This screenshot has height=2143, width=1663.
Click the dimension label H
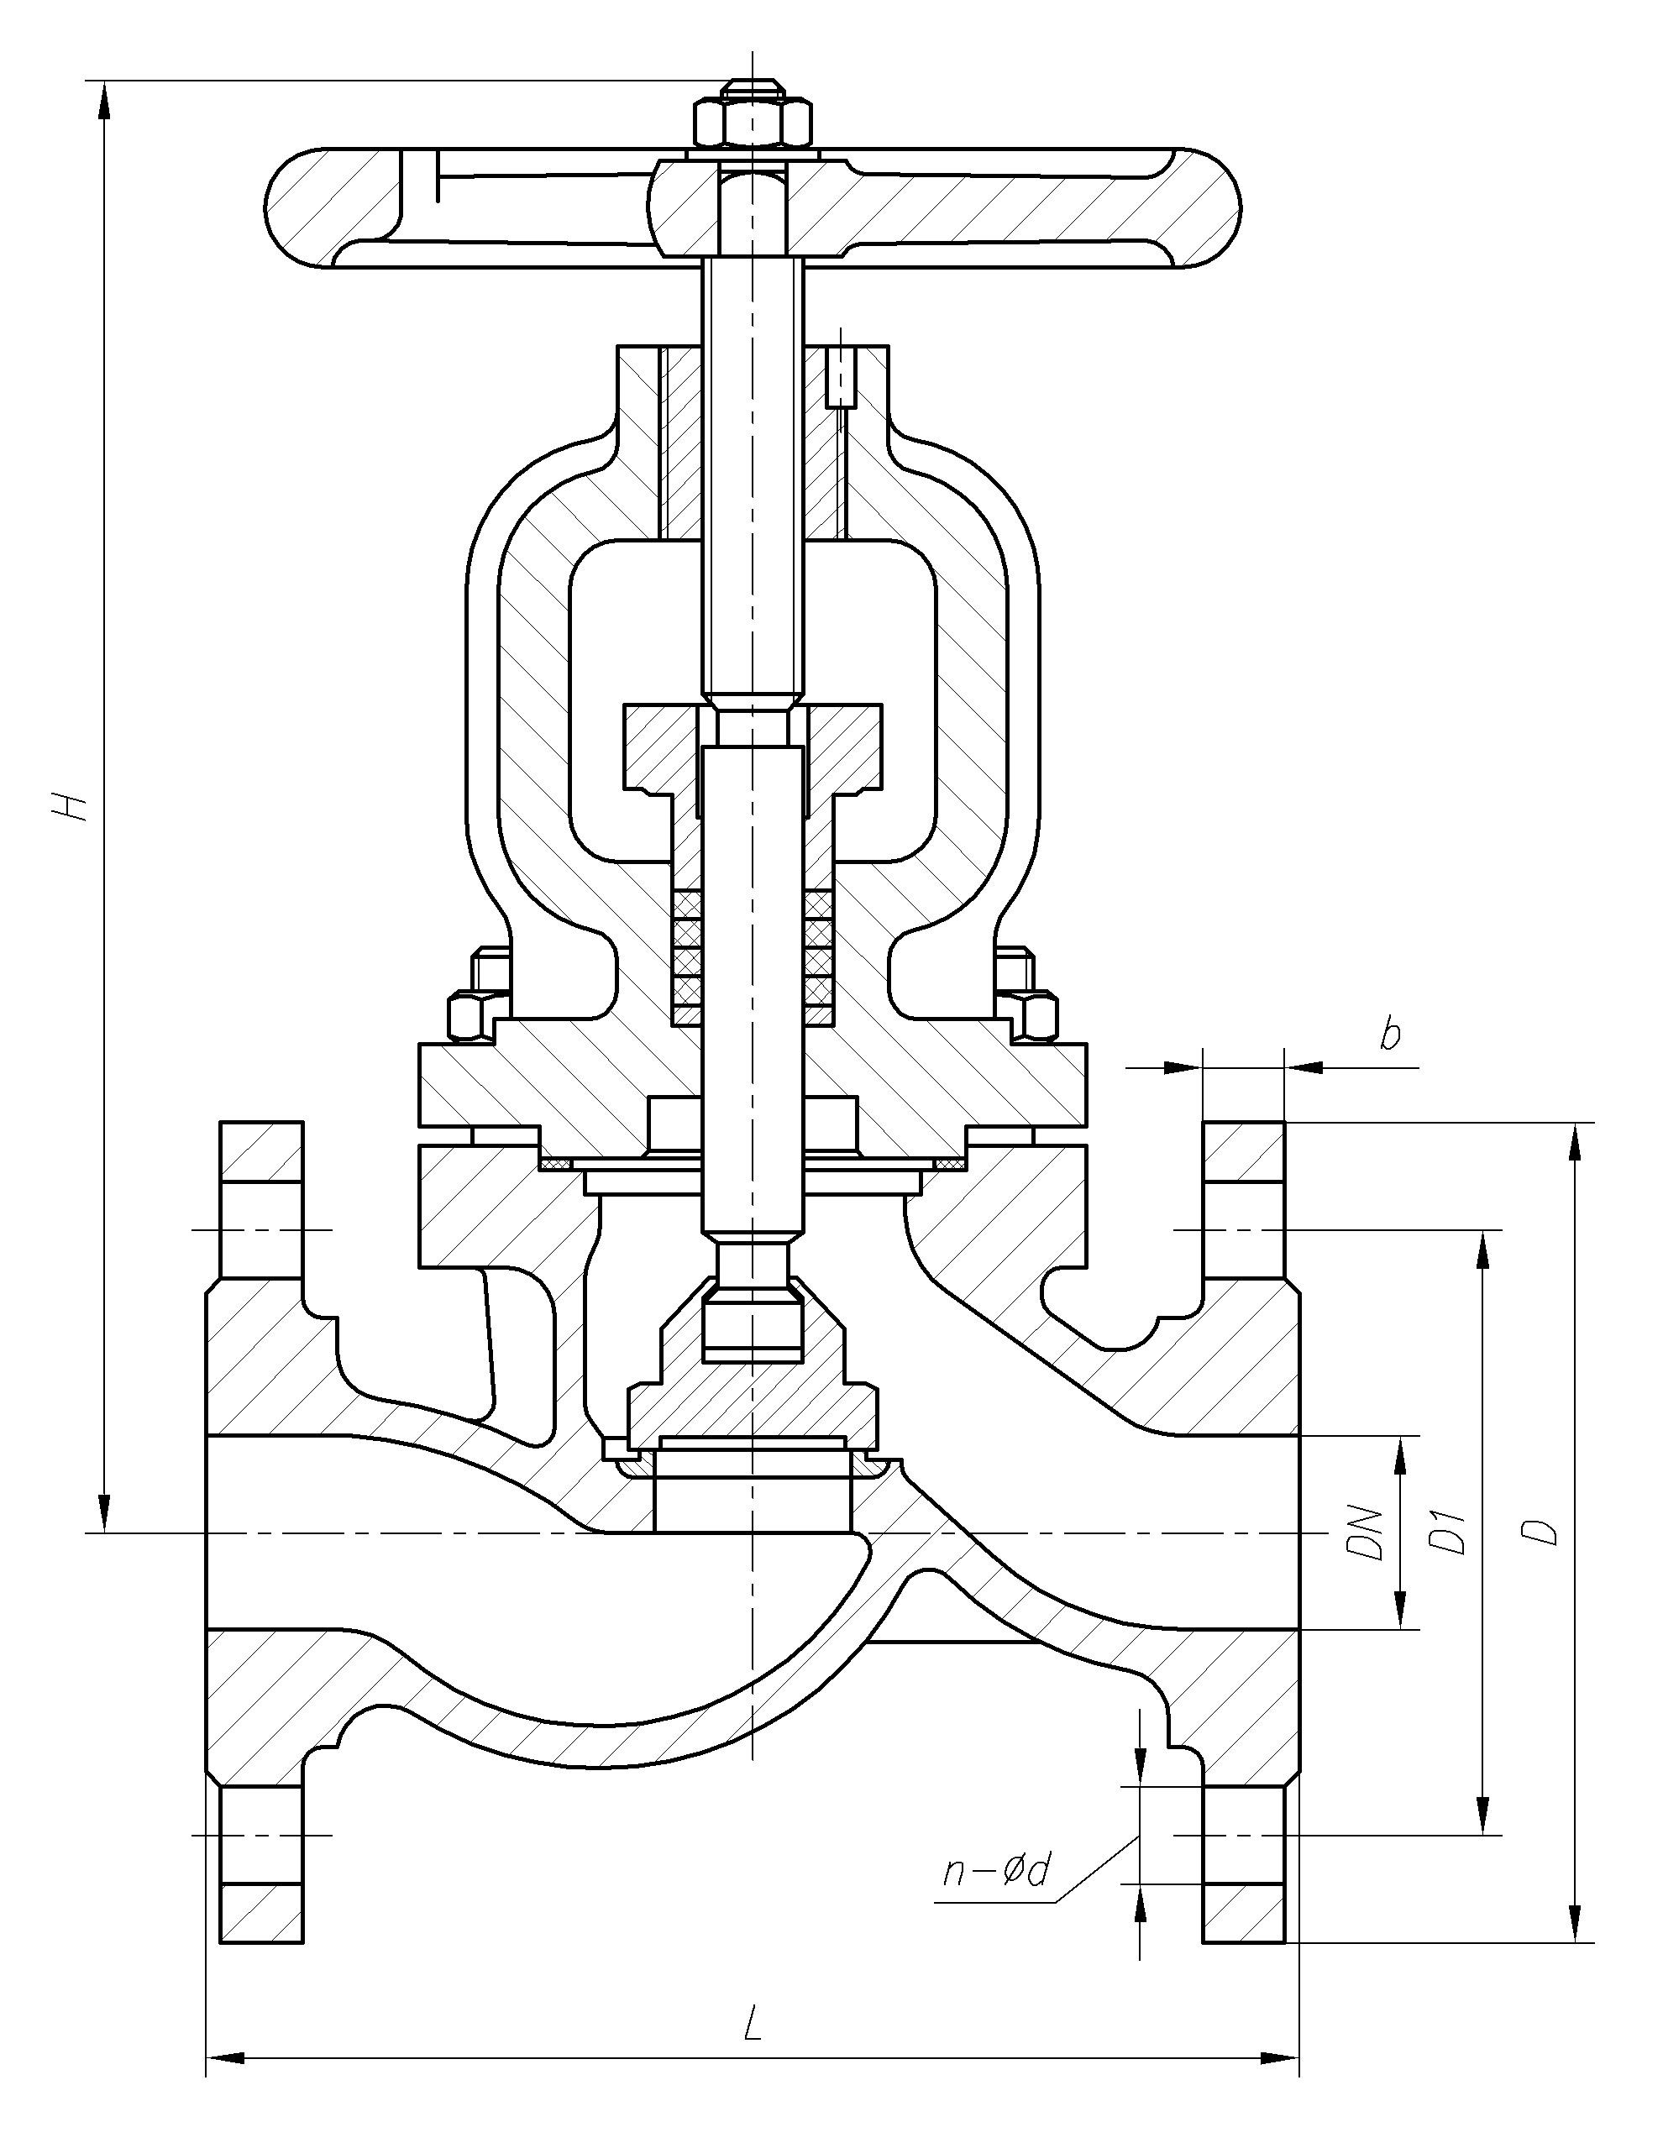(71, 804)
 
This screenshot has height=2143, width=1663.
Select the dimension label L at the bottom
(752, 2021)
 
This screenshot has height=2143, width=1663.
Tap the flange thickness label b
(1388, 1035)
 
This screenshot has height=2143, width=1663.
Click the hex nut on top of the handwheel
(753, 122)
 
